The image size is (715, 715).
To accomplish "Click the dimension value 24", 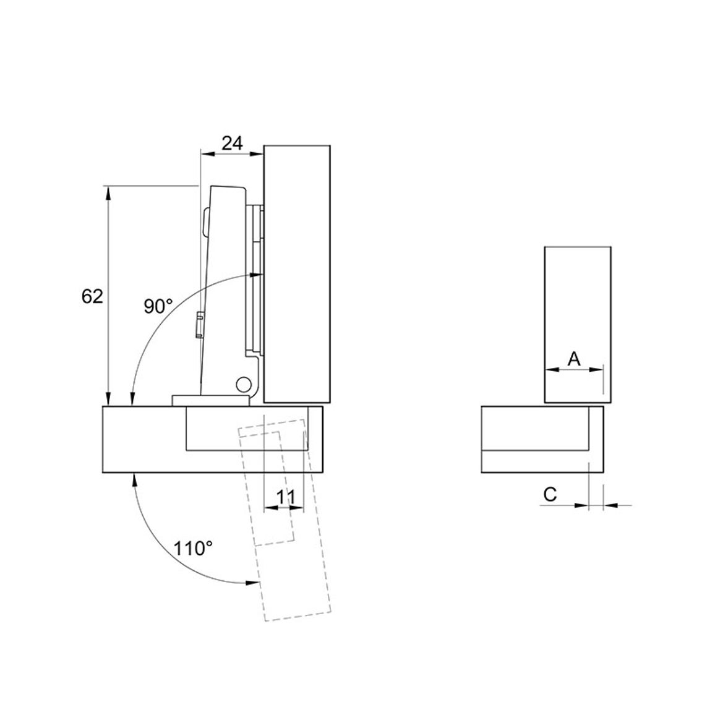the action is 232,143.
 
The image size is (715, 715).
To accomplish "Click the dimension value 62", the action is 92,296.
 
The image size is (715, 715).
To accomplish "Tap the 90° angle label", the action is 158,306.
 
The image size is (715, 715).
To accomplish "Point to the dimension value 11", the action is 286,497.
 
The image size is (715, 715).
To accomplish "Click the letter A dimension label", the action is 574,359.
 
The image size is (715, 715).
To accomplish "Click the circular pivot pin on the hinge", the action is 243,383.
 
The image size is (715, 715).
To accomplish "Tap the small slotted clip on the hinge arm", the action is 199,325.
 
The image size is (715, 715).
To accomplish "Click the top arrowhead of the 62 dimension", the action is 108,193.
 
